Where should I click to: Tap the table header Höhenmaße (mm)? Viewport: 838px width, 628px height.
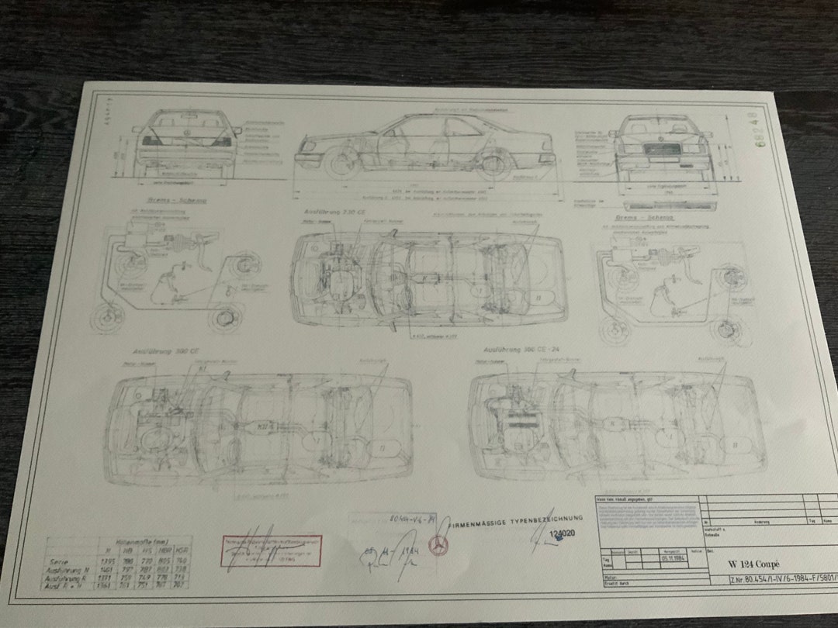[136, 543]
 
